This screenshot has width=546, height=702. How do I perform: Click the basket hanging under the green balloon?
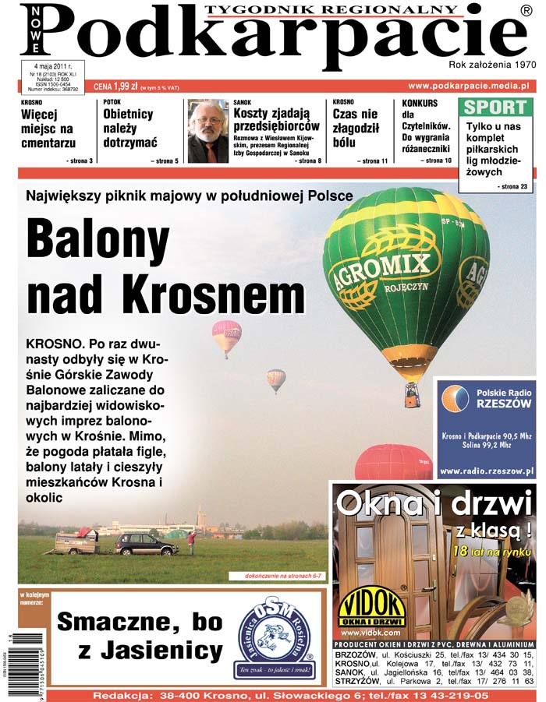point(411,395)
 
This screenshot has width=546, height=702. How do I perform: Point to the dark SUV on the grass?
point(146,543)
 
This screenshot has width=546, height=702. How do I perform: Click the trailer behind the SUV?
point(76,541)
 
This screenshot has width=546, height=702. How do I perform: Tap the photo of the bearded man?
point(207,132)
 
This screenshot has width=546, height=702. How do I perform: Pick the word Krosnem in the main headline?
point(204,295)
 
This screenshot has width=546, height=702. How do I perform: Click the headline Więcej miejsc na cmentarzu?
point(48,130)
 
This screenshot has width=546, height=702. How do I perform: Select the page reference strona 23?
point(512,187)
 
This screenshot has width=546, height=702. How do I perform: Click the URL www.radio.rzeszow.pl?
point(485,471)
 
